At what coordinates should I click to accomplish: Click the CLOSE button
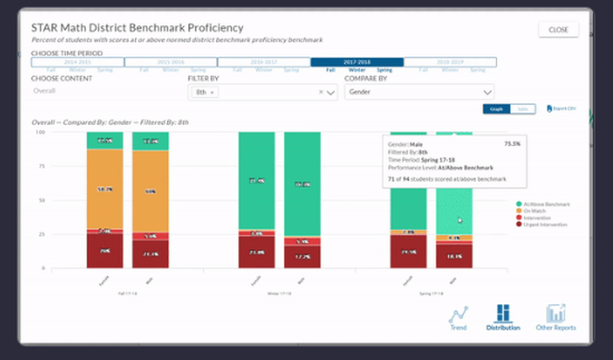(x=558, y=29)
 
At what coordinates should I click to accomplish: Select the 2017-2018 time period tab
(x=357, y=62)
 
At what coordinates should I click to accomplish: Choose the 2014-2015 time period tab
(x=78, y=62)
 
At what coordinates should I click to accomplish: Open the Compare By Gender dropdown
(x=419, y=92)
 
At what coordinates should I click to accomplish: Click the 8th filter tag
(x=202, y=92)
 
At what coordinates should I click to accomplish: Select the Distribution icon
(x=503, y=317)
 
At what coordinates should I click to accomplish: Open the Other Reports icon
(x=555, y=317)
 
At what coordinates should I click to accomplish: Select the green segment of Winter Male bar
(x=302, y=184)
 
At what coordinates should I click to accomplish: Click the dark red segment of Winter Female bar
(x=257, y=252)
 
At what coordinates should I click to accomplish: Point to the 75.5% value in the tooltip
(x=512, y=144)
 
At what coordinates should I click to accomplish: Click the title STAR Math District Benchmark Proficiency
(x=137, y=28)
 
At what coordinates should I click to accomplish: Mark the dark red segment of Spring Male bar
(x=454, y=256)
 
